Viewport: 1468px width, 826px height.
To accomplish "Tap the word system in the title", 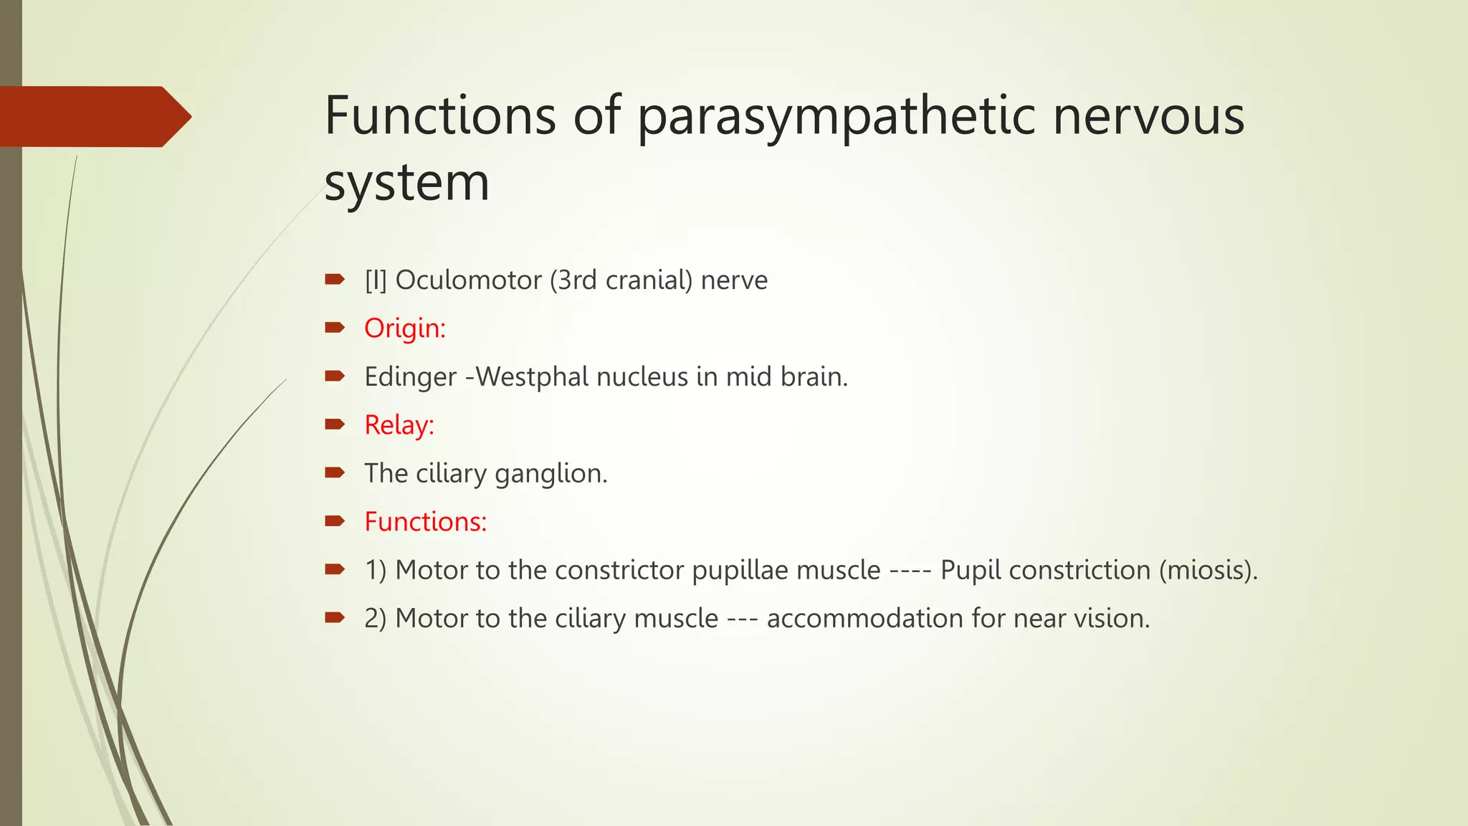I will (x=406, y=183).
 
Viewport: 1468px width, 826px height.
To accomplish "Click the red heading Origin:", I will (x=405, y=328).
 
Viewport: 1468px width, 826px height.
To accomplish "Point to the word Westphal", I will (x=532, y=376).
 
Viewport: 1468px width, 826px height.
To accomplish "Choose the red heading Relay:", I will (x=399, y=425).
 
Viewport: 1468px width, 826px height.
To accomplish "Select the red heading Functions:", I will (x=425, y=522).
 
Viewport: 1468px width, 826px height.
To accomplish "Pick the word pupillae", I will (x=740, y=571).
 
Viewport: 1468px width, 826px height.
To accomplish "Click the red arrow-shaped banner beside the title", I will (x=93, y=116).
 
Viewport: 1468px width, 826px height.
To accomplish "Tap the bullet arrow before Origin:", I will (x=335, y=328).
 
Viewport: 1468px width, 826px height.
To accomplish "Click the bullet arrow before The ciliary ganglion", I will (x=335, y=473).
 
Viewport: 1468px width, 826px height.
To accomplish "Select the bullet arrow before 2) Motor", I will (x=335, y=617).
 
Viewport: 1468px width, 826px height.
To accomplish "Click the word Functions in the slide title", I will (x=440, y=116).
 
